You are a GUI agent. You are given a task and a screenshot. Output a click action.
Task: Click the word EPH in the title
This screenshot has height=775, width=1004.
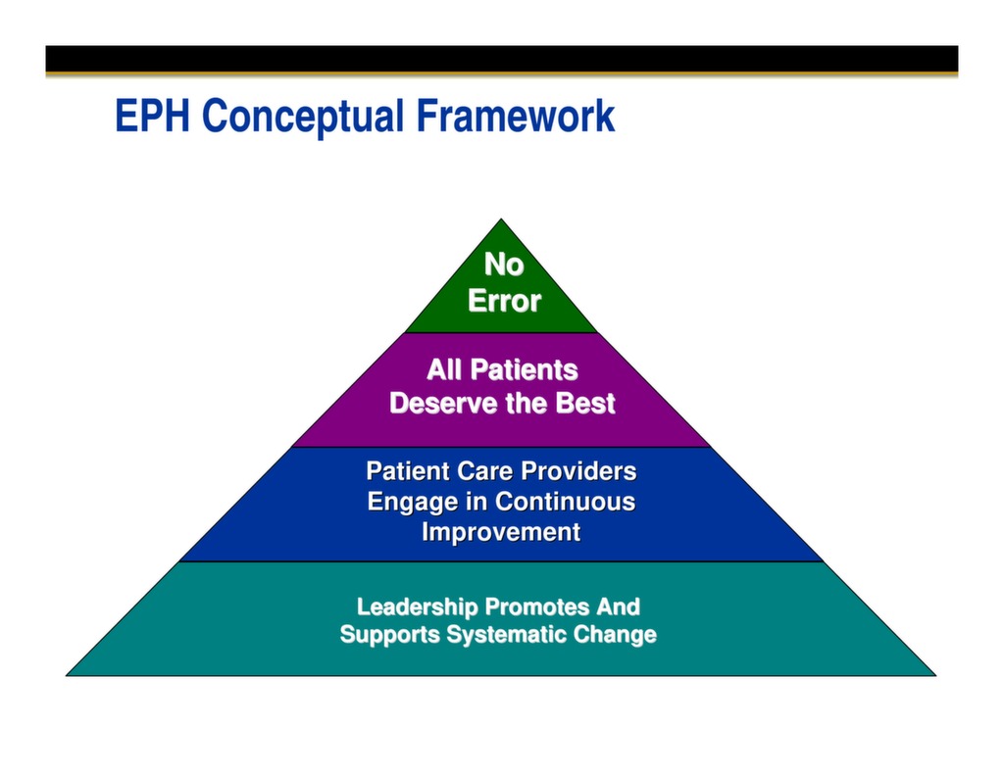(x=154, y=117)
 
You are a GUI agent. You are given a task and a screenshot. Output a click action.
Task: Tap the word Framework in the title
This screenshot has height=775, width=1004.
(x=516, y=117)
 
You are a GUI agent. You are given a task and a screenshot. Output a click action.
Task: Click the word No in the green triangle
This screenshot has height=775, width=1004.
(x=503, y=265)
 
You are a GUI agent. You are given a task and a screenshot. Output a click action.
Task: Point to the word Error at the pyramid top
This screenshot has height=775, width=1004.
(x=503, y=301)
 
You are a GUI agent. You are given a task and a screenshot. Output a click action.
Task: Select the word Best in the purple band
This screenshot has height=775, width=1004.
(x=585, y=404)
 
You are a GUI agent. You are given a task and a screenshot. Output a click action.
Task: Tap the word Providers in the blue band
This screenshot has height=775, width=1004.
(x=578, y=471)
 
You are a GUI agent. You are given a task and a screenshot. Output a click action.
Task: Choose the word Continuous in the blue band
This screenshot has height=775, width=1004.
(x=565, y=502)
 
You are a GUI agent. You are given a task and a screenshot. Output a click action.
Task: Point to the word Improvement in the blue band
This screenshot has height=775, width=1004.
(x=501, y=532)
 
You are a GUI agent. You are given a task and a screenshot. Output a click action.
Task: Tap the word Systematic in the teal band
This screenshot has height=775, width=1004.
(x=507, y=635)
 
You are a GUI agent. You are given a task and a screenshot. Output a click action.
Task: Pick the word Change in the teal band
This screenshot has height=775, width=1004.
(x=615, y=635)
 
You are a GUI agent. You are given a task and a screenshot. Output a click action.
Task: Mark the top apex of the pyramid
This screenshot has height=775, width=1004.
(x=501, y=220)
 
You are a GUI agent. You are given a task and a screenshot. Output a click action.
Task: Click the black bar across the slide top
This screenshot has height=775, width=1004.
(x=501, y=59)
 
